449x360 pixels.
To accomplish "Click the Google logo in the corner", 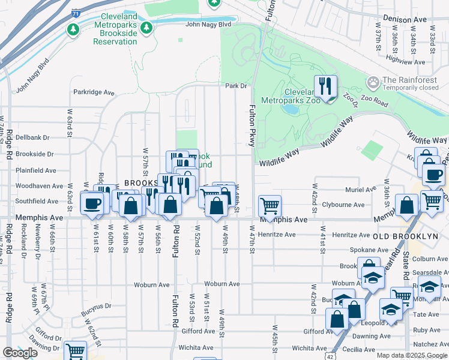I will pos(20,353).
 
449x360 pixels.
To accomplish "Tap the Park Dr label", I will pos(237,86).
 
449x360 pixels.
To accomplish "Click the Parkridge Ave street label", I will pos(94,92).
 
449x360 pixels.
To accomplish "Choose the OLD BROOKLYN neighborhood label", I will pos(406,236).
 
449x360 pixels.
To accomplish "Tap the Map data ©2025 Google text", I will pos(411,355).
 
